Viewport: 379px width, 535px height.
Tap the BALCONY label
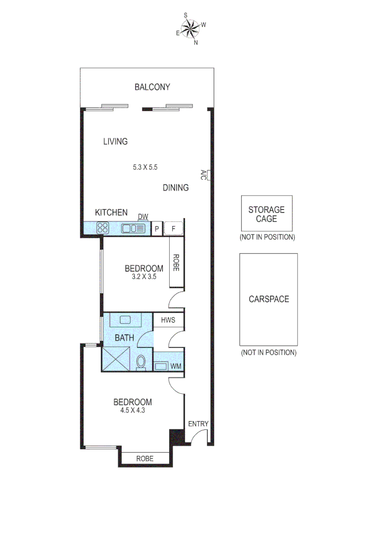pyautogui.click(x=152, y=87)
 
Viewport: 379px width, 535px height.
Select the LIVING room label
pyautogui.click(x=115, y=142)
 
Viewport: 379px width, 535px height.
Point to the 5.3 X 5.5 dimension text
pyautogui.click(x=145, y=167)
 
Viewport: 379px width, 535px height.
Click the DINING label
pyautogui.click(x=176, y=188)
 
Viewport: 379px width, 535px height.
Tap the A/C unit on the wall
pyautogui.click(x=209, y=175)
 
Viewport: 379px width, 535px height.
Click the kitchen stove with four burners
pyautogui.click(x=103, y=228)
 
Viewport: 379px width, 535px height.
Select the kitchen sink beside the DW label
pyautogui.click(x=133, y=228)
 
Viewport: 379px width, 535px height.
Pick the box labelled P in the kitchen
pyautogui.click(x=157, y=228)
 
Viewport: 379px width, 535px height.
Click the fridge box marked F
pyautogui.click(x=174, y=228)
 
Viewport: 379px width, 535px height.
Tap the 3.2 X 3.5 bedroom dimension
pyautogui.click(x=144, y=277)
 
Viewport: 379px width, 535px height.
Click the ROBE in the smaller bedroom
pyautogui.click(x=176, y=263)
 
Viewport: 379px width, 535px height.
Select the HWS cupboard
pyautogui.click(x=169, y=321)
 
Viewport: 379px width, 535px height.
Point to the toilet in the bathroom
pyautogui.click(x=141, y=363)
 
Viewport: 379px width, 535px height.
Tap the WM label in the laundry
pyautogui.click(x=176, y=367)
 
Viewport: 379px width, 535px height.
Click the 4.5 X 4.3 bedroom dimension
pyautogui.click(x=132, y=410)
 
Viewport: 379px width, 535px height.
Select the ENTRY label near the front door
pyautogui.click(x=198, y=424)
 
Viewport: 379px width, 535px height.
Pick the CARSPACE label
pyautogui.click(x=268, y=299)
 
